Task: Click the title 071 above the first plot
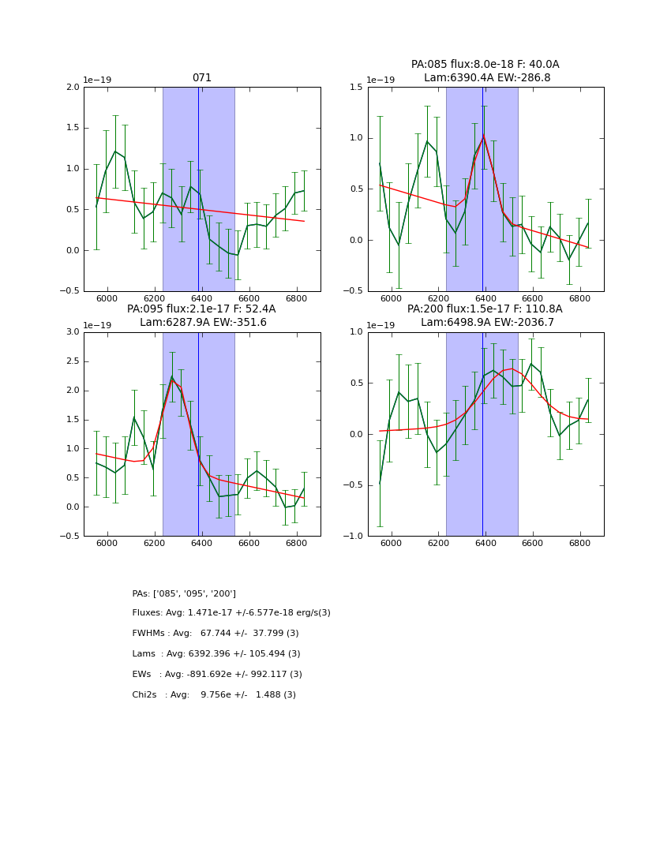pyautogui.click(x=202, y=78)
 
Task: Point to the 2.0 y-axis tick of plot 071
pyautogui.click(x=72, y=88)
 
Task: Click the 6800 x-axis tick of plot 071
pyautogui.click(x=296, y=300)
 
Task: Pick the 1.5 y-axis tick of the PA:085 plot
pyautogui.click(x=356, y=88)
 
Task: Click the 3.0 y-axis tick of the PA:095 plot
pyautogui.click(x=72, y=332)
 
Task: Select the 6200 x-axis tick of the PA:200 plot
pyautogui.click(x=438, y=544)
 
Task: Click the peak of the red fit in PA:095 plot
pyautogui.click(x=172, y=380)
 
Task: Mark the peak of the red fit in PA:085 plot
pyautogui.click(x=483, y=136)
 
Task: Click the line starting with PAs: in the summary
pyautogui.click(x=184, y=593)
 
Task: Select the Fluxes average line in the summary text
pyautogui.click(x=231, y=613)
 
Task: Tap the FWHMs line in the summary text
pyautogui.click(x=216, y=634)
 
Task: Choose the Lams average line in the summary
pyautogui.click(x=216, y=654)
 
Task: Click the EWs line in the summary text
pyautogui.click(x=217, y=675)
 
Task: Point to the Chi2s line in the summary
pyautogui.click(x=214, y=695)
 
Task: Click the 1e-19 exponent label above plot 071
pyautogui.click(x=98, y=80)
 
